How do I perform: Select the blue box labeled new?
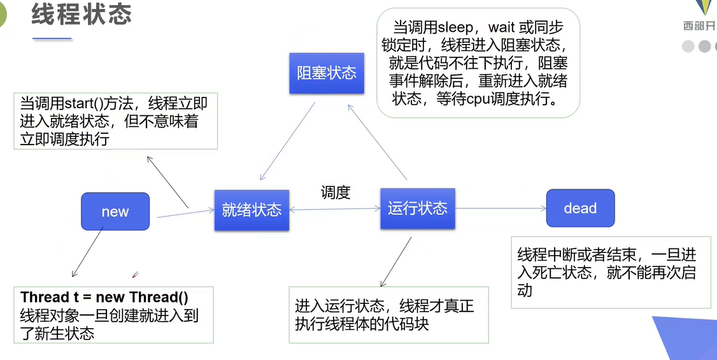tap(115, 212)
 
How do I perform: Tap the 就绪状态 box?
tap(252, 210)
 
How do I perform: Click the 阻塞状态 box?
tap(327, 73)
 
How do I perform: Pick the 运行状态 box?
tap(417, 208)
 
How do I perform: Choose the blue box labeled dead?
tap(580, 208)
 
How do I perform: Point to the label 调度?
tap(336, 192)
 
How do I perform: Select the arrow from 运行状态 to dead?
tap(500, 208)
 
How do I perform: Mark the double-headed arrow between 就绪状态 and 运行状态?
tap(334, 209)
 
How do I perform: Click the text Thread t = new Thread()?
tap(104, 298)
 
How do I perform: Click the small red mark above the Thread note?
tap(135, 276)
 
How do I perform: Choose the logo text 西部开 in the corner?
tap(699, 26)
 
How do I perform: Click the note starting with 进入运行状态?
tap(385, 315)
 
